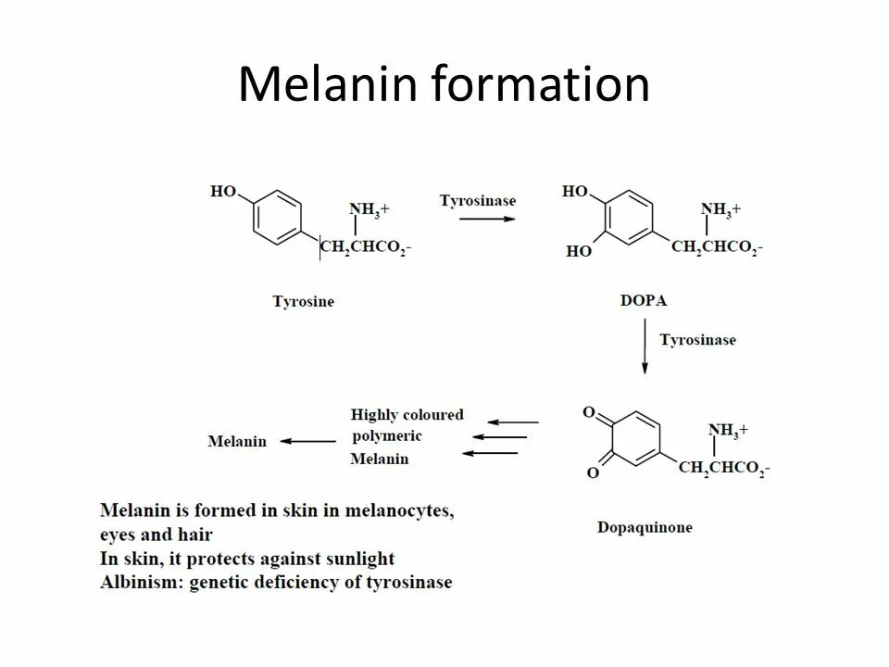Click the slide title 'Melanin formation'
pyautogui.click(x=444, y=85)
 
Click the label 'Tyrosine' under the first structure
pyautogui.click(x=303, y=301)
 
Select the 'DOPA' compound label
pyautogui.click(x=643, y=301)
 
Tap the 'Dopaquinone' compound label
pyautogui.click(x=645, y=528)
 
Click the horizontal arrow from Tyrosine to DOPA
pyautogui.click(x=488, y=219)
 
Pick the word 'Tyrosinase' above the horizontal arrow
pyautogui.click(x=478, y=200)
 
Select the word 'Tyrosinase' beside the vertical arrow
pyautogui.click(x=697, y=340)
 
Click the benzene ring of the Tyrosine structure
pyautogui.click(x=276, y=219)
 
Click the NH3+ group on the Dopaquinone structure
pyautogui.click(x=728, y=430)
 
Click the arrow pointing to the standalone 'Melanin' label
pyautogui.click(x=307, y=442)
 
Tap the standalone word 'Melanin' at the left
pyautogui.click(x=237, y=442)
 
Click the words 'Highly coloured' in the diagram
pyautogui.click(x=407, y=414)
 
